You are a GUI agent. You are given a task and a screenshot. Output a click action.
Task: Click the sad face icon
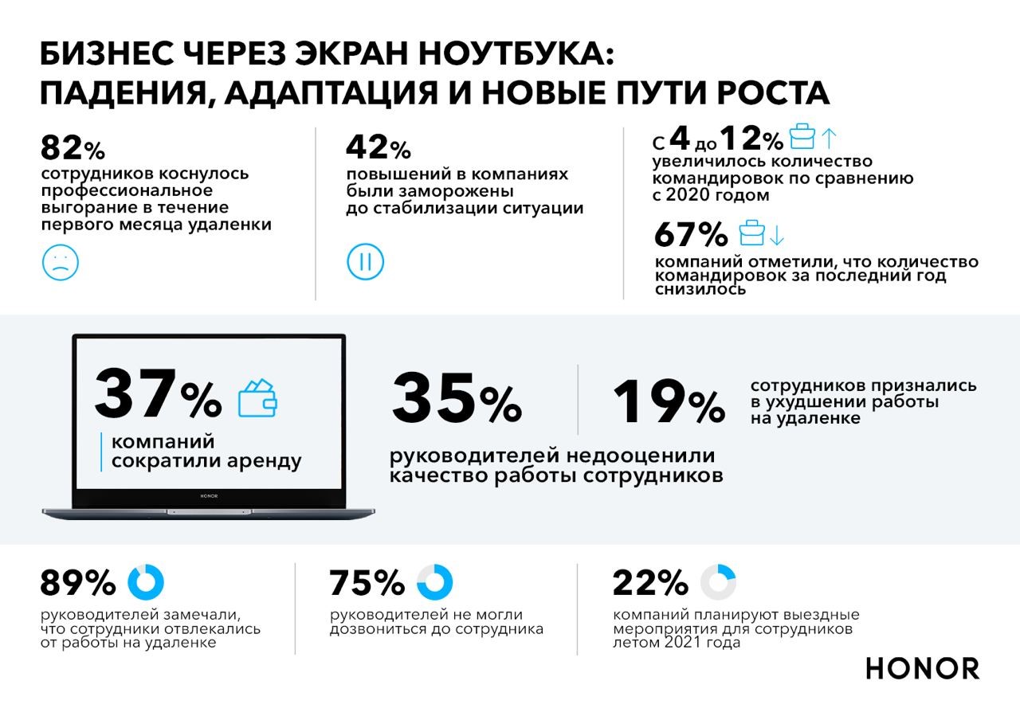pos(60,261)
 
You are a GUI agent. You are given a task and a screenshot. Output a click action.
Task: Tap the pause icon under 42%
pos(365,261)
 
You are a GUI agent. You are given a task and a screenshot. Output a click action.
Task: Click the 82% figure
pos(72,148)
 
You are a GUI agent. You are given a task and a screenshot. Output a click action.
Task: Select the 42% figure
pos(378,148)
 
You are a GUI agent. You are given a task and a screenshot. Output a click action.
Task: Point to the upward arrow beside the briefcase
pos(829,138)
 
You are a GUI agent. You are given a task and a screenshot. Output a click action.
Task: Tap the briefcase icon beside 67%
pos(751,233)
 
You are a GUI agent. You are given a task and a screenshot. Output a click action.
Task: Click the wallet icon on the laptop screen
pos(258,397)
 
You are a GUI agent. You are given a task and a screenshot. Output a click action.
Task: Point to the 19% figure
pos(668,401)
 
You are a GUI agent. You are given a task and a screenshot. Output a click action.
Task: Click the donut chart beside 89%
pos(146,582)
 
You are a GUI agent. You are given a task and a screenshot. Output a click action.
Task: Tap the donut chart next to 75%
pos(434,582)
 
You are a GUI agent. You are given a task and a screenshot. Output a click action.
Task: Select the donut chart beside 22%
pos(718,582)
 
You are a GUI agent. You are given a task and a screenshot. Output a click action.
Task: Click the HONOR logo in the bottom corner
pos(923,668)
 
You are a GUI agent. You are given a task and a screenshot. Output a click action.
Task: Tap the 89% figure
pos(78,584)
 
